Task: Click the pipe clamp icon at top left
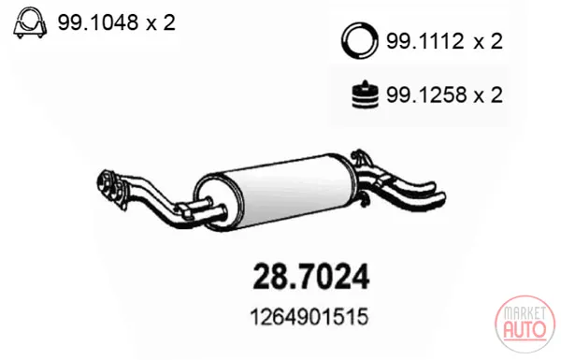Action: [x=30, y=22]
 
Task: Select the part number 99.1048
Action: [x=97, y=22]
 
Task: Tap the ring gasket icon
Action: [x=360, y=40]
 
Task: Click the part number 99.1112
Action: [x=425, y=41]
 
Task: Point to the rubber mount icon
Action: [x=365, y=94]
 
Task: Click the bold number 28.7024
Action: [x=311, y=277]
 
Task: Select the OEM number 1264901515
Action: [x=309, y=317]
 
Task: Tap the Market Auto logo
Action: [x=525, y=324]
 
